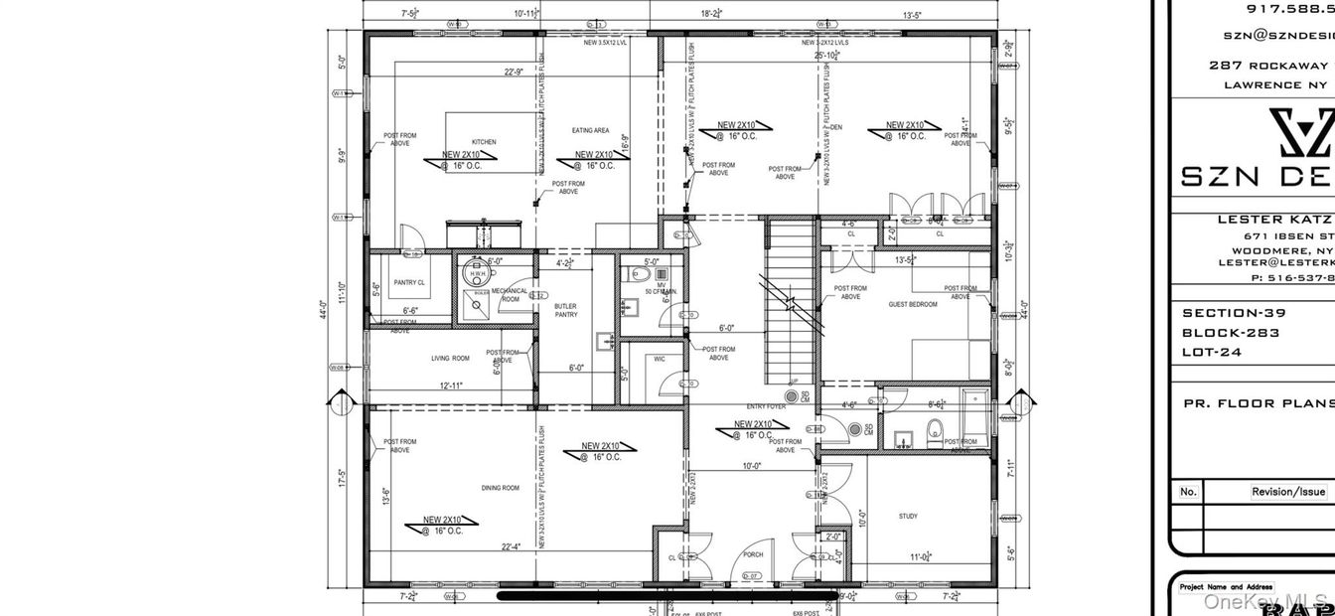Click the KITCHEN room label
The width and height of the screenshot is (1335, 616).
484,142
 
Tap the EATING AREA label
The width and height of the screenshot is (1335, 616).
589,131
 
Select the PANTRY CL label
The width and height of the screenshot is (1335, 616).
409,283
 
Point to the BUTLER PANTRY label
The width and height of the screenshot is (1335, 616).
565,311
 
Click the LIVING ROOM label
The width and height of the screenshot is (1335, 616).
450,359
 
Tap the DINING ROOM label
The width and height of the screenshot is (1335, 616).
500,488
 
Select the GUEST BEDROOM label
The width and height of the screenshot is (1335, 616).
912,304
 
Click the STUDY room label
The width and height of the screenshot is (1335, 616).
908,517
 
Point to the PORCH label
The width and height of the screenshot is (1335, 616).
753,555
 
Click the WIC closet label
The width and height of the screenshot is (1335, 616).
660,359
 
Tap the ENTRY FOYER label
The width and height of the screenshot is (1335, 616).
767,406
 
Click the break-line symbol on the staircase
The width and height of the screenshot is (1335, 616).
791,302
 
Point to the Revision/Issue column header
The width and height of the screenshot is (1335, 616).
1287,492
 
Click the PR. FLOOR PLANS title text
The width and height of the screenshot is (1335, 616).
1258,404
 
